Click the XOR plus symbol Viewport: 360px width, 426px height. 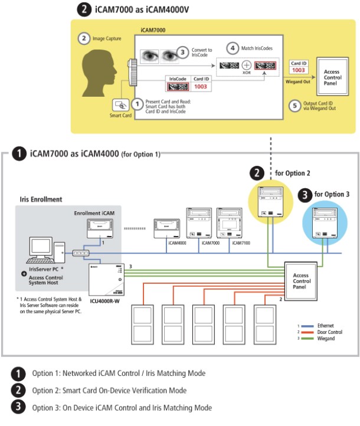247,65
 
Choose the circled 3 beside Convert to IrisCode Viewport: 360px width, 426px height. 184,51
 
